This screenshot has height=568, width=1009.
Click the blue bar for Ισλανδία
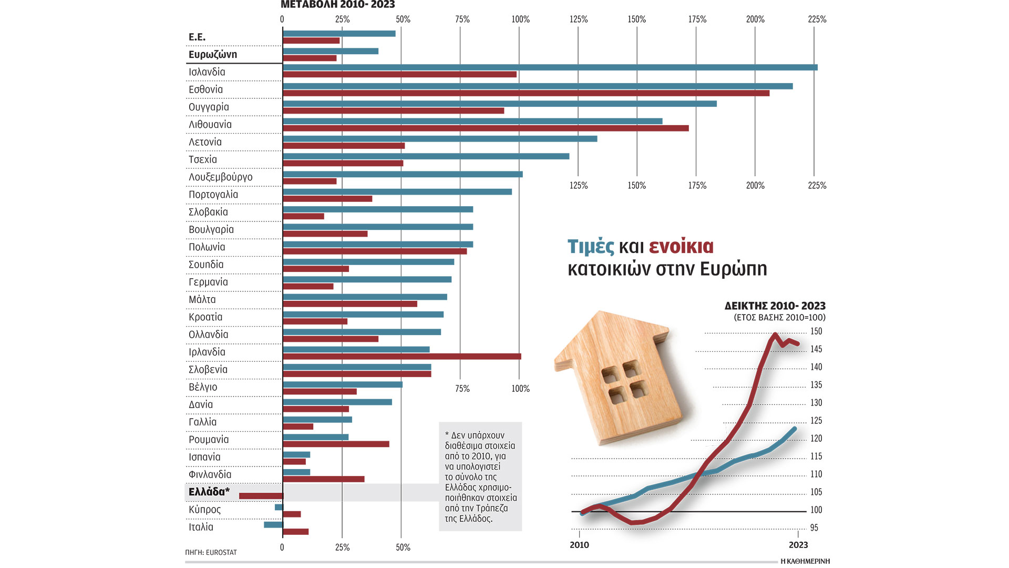(550, 67)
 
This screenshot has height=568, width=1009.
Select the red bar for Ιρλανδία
(401, 357)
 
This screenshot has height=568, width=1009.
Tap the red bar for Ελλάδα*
(261, 496)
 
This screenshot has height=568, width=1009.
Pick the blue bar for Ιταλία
(273, 524)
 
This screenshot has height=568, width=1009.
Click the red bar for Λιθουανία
(486, 128)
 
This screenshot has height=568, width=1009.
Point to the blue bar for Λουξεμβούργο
(403, 174)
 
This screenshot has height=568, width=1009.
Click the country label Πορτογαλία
(213, 195)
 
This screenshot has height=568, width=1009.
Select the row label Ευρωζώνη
(213, 55)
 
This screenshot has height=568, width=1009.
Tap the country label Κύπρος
(204, 510)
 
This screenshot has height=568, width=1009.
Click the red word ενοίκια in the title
(681, 247)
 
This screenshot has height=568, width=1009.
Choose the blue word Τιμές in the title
(591, 247)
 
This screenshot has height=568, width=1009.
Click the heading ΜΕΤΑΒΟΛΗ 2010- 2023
(337, 5)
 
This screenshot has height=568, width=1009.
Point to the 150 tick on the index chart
(816, 331)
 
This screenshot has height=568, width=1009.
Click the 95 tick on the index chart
(814, 528)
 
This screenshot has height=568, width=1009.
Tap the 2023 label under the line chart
(798, 545)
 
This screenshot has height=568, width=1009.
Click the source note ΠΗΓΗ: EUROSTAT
(211, 553)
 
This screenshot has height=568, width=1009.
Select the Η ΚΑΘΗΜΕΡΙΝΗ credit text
(805, 561)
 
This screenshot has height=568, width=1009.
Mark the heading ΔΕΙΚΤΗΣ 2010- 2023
(775, 306)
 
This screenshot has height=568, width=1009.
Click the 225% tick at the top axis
(817, 19)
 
